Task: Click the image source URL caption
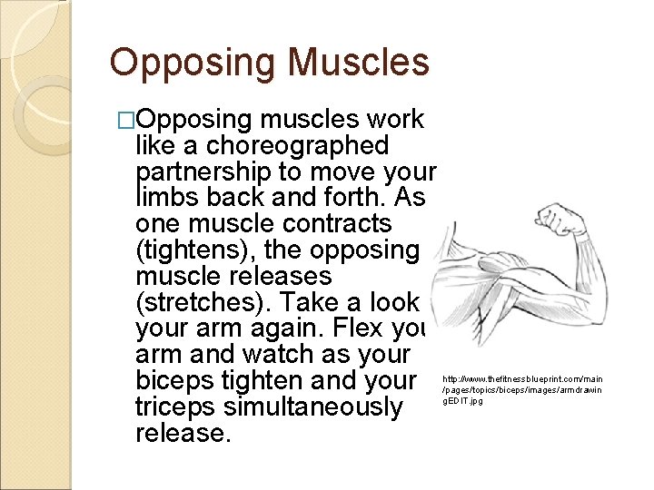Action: pyautogui.click(x=521, y=388)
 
